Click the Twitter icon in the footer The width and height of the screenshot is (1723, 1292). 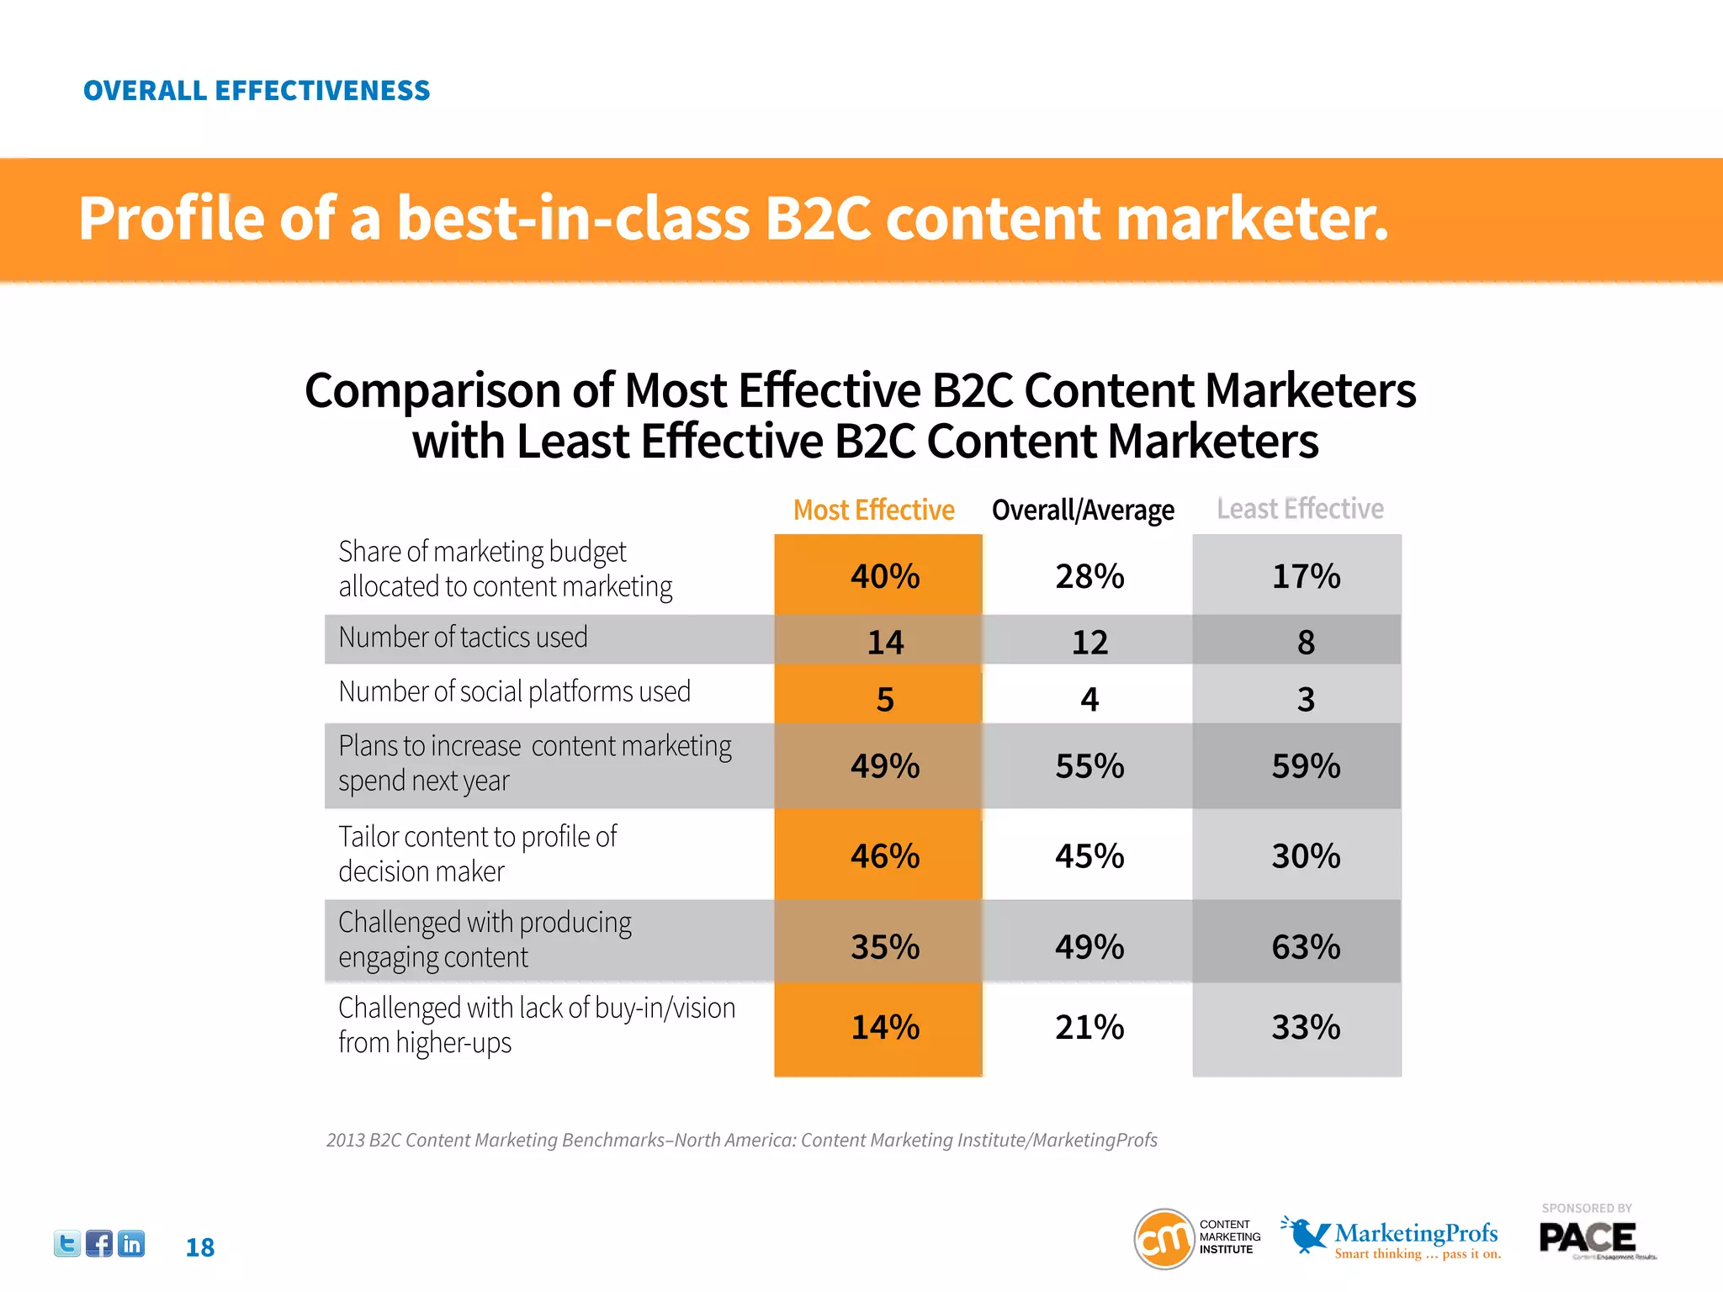click(x=66, y=1243)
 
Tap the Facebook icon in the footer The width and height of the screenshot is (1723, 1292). click(x=99, y=1243)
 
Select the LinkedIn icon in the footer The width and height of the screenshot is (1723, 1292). click(x=131, y=1243)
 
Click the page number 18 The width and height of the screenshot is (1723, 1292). click(x=200, y=1247)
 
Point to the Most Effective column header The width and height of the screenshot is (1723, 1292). click(x=873, y=510)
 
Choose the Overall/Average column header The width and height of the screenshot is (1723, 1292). click(x=1083, y=510)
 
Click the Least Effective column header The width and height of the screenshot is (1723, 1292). click(x=1300, y=509)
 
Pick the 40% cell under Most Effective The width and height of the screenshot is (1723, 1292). click(x=885, y=576)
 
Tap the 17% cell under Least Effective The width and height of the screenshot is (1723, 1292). click(x=1306, y=576)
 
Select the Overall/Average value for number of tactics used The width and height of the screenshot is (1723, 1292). click(x=1089, y=643)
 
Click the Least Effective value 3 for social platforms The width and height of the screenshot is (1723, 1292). click(x=1306, y=699)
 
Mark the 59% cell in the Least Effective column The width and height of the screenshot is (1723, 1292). click(x=1306, y=766)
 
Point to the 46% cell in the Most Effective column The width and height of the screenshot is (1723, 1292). click(x=885, y=856)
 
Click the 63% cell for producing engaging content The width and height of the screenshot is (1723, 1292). click(x=1306, y=947)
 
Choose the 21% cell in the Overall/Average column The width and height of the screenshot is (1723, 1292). click(x=1089, y=1027)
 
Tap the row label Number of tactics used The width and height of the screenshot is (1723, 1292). click(x=463, y=638)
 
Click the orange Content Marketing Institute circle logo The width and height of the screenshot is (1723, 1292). click(x=1164, y=1238)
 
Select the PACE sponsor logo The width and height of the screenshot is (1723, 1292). click(x=1588, y=1238)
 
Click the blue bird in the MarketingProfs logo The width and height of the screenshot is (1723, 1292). click(x=1306, y=1235)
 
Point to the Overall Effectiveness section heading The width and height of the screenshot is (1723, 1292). click(x=257, y=91)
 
